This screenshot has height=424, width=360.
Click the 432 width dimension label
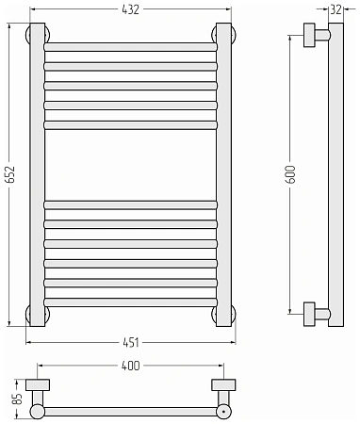click(x=130, y=9)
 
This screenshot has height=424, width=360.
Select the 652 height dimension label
click(x=11, y=174)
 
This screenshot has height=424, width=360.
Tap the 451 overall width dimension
click(x=131, y=342)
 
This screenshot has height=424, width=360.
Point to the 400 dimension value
click(x=130, y=366)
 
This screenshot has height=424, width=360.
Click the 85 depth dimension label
click(x=18, y=399)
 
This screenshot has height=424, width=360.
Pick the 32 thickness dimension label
click(x=335, y=9)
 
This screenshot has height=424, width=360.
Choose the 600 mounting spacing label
click(x=291, y=174)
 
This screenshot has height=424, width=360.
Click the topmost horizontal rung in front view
click(x=130, y=47)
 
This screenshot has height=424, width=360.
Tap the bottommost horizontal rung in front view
click(x=130, y=302)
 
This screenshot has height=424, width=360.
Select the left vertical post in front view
click(x=38, y=174)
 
